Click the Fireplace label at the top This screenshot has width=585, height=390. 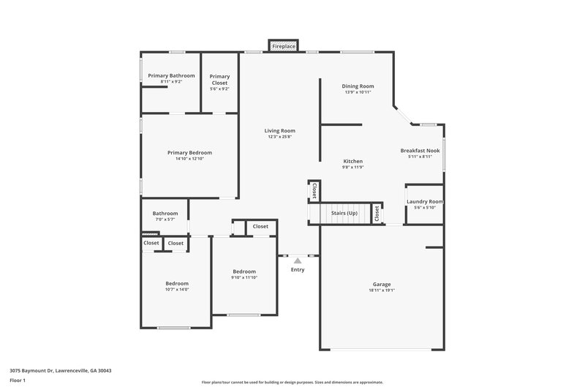[x=284, y=47]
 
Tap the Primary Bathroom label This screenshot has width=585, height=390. [x=171, y=75]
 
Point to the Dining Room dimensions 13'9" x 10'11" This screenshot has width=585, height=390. [x=357, y=92]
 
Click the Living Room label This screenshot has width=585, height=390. [x=279, y=131]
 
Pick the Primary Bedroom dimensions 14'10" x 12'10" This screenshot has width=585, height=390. [x=189, y=159]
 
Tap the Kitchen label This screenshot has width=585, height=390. [x=353, y=161]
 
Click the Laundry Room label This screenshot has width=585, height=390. [x=425, y=201]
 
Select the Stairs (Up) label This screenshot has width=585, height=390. [x=344, y=213]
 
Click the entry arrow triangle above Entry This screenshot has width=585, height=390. [x=297, y=260]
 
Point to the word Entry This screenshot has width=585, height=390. [x=298, y=270]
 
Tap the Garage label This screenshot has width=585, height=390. [x=382, y=284]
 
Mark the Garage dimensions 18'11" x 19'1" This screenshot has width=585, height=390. [x=382, y=290]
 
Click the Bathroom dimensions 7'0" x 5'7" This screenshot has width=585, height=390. [x=165, y=220]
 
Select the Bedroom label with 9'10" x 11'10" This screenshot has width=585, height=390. [x=244, y=271]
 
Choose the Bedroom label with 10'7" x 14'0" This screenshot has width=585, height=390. [x=177, y=283]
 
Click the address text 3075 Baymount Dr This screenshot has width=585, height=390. [x=39, y=370]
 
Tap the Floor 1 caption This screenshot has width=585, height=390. [x=18, y=380]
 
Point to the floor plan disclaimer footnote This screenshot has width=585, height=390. [x=292, y=382]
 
